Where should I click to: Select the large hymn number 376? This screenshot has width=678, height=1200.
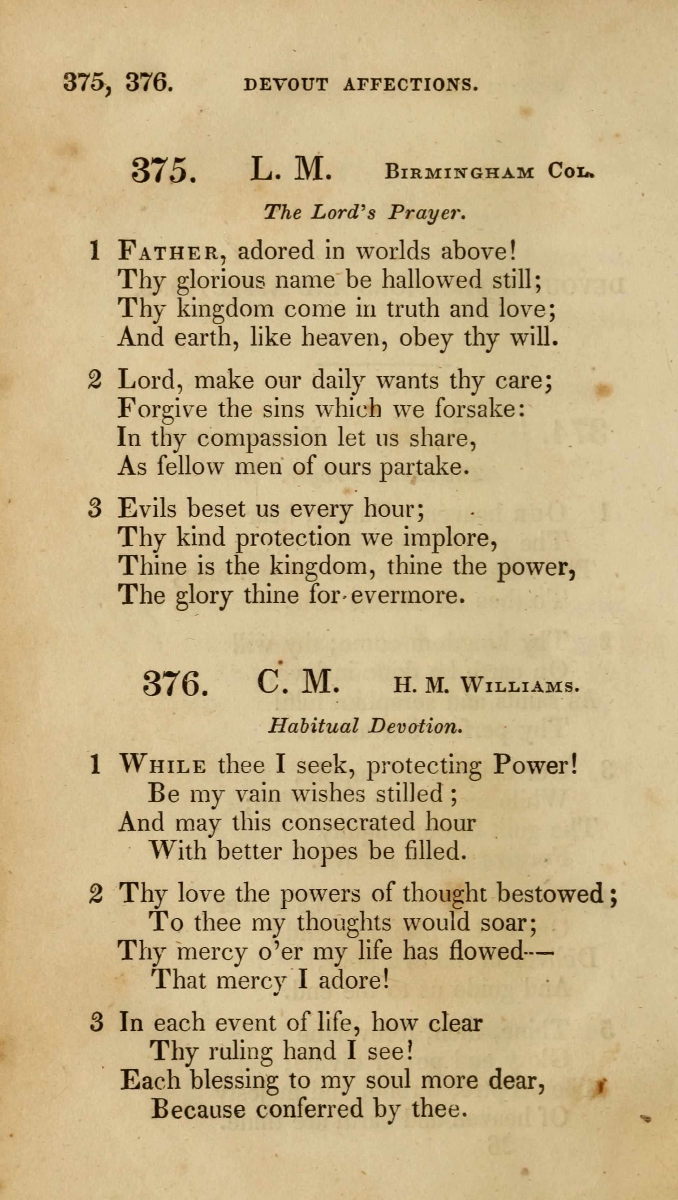(x=175, y=684)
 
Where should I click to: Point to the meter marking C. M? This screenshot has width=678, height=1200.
(x=298, y=683)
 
